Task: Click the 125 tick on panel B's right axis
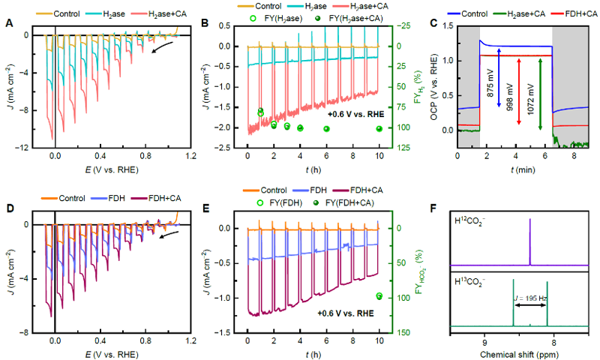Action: pos(402,148)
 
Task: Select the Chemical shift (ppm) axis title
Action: pos(520,352)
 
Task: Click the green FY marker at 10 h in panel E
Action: pos(379,296)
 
